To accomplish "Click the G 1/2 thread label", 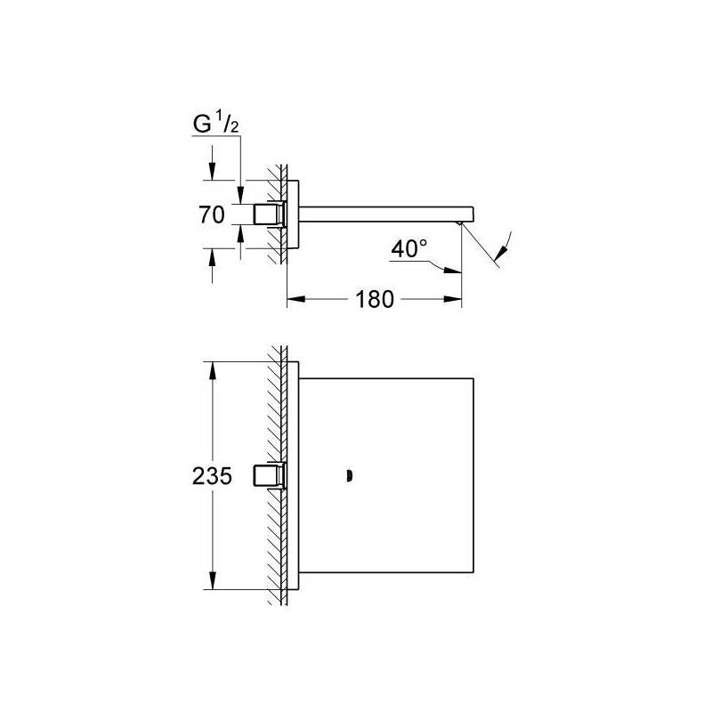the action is click(x=215, y=124).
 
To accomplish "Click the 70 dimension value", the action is click(x=212, y=214).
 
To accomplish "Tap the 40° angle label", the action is click(x=409, y=248).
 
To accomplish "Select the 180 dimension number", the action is click(x=375, y=300).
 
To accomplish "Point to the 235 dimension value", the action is click(x=212, y=476).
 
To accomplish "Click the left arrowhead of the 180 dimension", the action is click(x=295, y=299).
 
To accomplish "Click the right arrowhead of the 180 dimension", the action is click(x=453, y=299).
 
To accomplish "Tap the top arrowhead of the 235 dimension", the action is click(x=212, y=370).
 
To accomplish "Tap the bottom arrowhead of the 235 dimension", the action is click(x=212, y=581).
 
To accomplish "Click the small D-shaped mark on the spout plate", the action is click(x=350, y=476).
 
